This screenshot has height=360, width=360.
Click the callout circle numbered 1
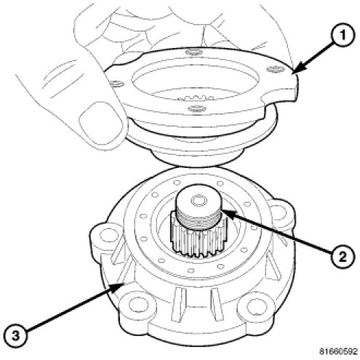click(x=343, y=36)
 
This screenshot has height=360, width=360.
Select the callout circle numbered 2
click(x=343, y=256)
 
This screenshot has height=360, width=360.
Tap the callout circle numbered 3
click(x=16, y=336)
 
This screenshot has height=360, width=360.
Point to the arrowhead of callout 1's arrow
click(x=297, y=68)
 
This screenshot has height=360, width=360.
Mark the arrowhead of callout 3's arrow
click(x=119, y=286)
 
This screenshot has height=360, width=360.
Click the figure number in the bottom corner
click(x=338, y=351)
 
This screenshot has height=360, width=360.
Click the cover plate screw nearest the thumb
click(x=116, y=84)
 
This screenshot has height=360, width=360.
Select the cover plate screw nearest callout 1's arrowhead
click(x=276, y=69)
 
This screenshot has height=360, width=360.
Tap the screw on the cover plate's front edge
click(x=197, y=108)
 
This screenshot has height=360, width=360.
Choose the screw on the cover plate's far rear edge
click(x=193, y=52)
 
